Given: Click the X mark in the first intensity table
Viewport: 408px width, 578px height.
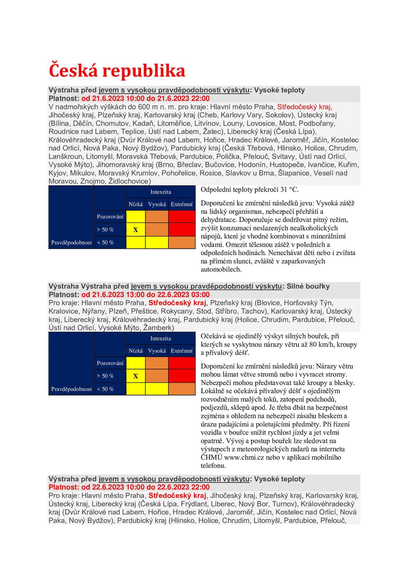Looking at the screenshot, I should pos(136,230).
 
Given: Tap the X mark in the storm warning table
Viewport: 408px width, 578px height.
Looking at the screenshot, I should pos(136,376).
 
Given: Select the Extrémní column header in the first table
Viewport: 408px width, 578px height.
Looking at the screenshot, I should pos(181,204).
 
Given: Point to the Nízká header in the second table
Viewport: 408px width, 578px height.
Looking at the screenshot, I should pos(136,351).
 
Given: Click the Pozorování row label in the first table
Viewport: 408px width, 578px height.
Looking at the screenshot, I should pos(110,217).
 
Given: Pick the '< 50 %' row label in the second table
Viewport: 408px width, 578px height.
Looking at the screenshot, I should pos(105,389).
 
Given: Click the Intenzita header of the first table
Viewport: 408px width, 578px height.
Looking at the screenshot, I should pos(161,192).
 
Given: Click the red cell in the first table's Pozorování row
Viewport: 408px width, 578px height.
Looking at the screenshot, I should pos(181,217).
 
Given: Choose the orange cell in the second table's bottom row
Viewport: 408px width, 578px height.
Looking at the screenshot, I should pos(181,389).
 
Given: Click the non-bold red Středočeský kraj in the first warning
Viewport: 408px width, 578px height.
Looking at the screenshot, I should pos(304,107).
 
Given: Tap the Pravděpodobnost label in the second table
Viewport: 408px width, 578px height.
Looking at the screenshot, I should pos(71,389).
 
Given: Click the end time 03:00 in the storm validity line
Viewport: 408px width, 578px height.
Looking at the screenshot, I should pos(200,294).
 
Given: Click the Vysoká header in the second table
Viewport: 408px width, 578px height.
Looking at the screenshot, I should pos(157,351).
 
